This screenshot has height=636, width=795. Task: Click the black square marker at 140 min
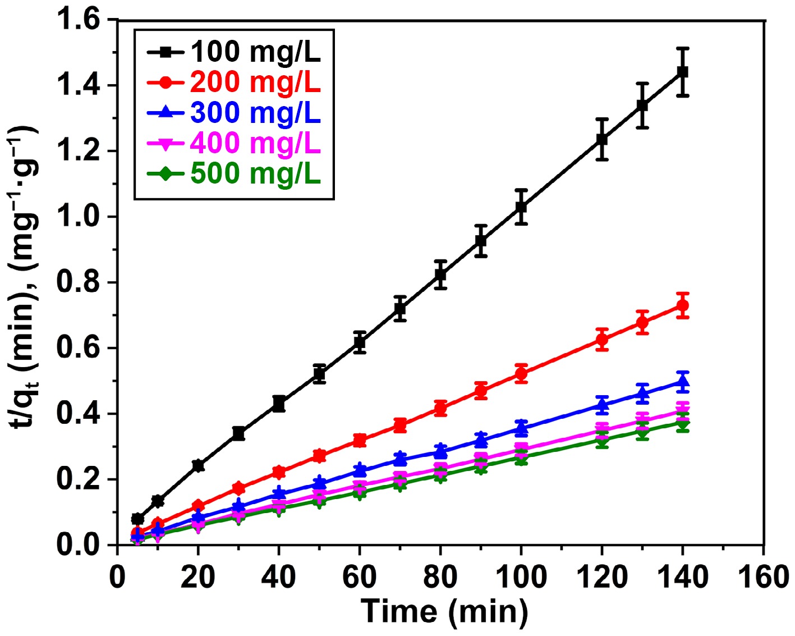(x=682, y=72)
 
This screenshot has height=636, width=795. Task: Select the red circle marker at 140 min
(x=682, y=306)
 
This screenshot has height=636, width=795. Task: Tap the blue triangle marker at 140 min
(x=682, y=382)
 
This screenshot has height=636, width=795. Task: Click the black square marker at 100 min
(x=521, y=207)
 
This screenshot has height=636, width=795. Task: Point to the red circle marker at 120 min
(x=602, y=340)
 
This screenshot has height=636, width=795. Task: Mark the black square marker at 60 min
(x=360, y=342)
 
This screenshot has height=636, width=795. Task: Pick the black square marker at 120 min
(x=602, y=139)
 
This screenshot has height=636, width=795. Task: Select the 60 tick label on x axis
(x=360, y=576)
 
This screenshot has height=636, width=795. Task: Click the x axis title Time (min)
(x=444, y=611)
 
